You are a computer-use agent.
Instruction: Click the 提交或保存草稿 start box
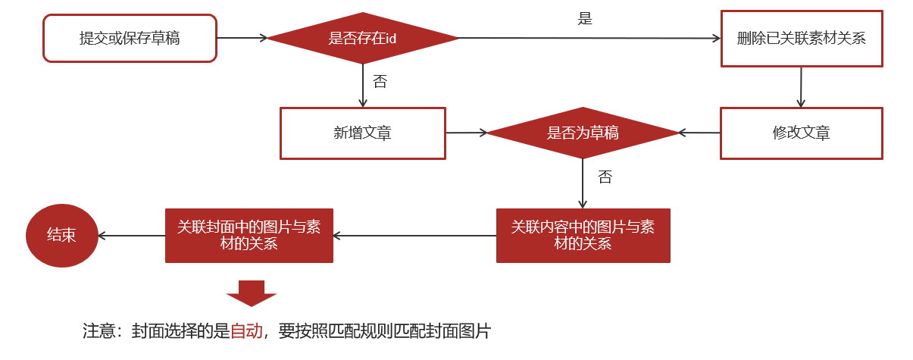click(x=130, y=38)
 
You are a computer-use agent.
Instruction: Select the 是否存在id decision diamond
click(x=362, y=38)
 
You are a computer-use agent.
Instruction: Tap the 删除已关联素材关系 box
click(x=801, y=39)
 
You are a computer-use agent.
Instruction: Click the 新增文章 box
click(x=362, y=133)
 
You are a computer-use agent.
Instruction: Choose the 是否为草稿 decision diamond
click(x=582, y=133)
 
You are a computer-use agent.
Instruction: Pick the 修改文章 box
click(x=801, y=133)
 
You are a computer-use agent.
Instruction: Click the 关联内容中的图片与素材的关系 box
click(x=583, y=236)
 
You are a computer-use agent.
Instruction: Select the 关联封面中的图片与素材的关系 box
click(x=249, y=236)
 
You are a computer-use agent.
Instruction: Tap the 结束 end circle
click(x=61, y=235)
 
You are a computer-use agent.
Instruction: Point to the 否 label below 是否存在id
click(x=380, y=82)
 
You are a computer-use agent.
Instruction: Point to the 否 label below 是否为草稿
click(x=604, y=177)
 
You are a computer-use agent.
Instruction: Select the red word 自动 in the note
click(x=246, y=331)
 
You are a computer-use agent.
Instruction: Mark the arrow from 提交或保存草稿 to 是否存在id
click(x=242, y=37)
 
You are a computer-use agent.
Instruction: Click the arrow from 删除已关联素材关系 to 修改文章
click(x=801, y=87)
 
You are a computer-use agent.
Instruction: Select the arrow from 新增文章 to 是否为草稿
click(x=466, y=133)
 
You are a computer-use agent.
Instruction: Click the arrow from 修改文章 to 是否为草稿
click(x=699, y=133)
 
